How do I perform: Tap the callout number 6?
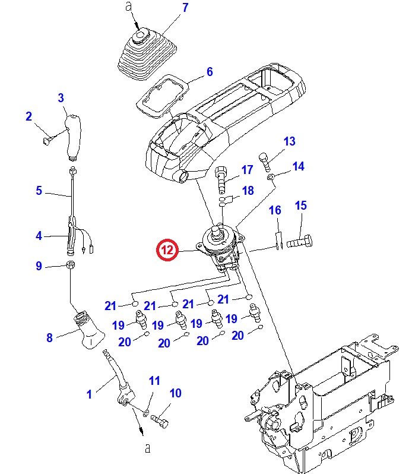pos(209,72)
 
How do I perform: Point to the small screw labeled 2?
pos(48,140)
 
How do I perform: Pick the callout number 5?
pos(39,191)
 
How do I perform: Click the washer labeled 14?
pos(271,177)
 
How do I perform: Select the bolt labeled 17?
pos(222,176)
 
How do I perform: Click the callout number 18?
pos(248,191)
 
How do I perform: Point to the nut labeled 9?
pos(70,266)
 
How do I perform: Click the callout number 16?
pos(275,210)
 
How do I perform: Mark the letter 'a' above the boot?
pos(130,7)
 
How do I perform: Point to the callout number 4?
pos(39,236)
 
